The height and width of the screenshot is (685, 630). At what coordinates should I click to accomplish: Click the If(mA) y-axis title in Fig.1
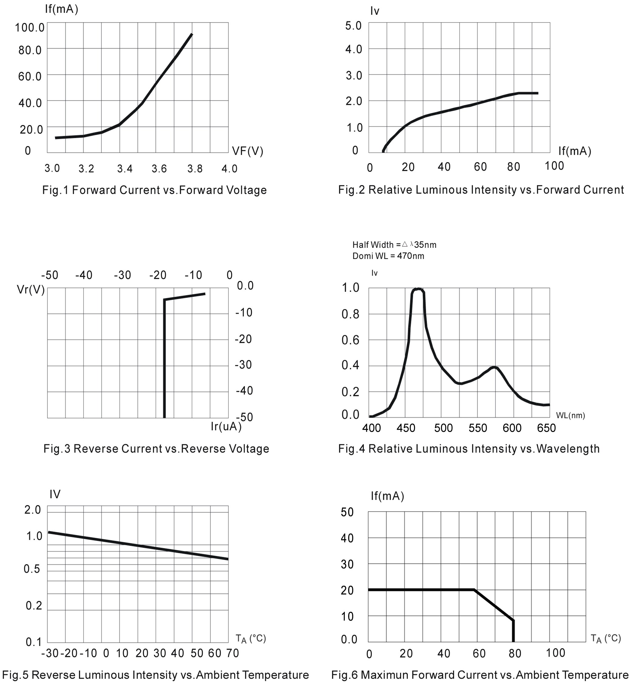61,9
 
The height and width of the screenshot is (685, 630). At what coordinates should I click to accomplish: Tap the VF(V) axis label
248,151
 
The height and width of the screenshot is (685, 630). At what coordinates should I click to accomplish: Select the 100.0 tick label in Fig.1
30,28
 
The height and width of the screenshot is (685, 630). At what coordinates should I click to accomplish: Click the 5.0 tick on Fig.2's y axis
353,26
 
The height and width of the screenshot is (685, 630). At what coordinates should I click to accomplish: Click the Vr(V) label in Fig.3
31,290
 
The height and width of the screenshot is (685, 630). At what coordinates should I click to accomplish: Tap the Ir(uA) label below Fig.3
226,426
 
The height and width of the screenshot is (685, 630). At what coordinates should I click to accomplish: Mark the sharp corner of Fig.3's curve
165,300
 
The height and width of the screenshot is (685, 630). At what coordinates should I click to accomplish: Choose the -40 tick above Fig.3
84,275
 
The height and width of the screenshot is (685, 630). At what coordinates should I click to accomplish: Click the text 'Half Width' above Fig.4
373,245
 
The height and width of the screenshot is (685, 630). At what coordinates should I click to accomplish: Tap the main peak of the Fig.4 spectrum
418,289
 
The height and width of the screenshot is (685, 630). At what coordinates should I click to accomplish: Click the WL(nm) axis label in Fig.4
570,415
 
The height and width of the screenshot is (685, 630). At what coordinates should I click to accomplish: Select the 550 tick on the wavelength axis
478,428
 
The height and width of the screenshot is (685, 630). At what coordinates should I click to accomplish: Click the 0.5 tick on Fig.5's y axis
32,569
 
